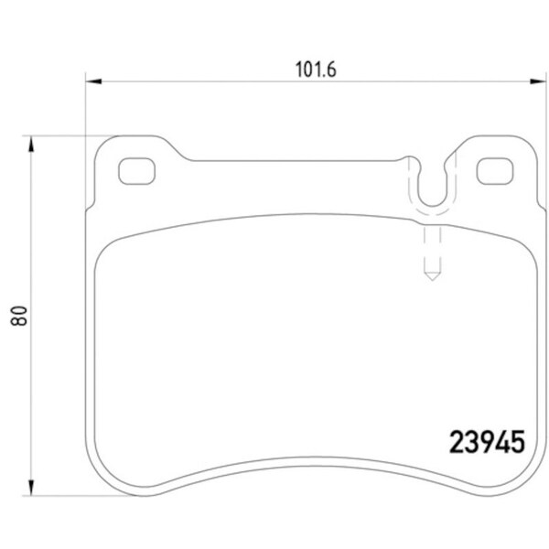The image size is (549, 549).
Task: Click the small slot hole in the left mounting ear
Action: click(137, 170)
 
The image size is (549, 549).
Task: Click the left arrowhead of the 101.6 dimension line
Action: click(91, 83)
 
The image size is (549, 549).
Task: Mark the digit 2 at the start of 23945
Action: click(455, 443)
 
